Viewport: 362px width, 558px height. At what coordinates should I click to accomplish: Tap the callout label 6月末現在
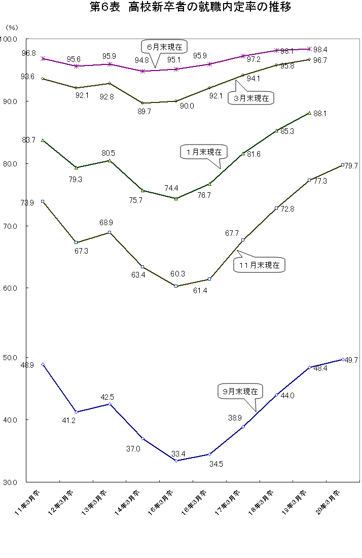click(x=164, y=47)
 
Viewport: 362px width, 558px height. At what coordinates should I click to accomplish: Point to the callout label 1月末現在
click(x=204, y=151)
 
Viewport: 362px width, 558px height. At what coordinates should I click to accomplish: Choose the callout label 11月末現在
click(x=260, y=265)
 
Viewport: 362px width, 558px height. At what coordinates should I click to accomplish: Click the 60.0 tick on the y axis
click(x=10, y=288)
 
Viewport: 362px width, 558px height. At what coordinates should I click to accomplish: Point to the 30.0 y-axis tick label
click(x=10, y=482)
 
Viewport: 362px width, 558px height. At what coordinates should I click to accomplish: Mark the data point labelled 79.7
click(x=343, y=165)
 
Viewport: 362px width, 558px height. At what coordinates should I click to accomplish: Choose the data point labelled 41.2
click(x=76, y=412)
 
